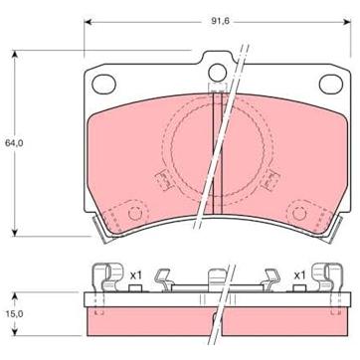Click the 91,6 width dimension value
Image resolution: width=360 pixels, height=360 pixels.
point(221,21)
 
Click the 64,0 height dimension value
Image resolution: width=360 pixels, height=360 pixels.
point(14,143)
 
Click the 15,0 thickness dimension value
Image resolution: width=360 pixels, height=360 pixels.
point(14,314)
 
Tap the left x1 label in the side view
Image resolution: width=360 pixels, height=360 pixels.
point(135,274)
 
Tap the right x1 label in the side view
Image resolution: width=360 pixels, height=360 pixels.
point(299,274)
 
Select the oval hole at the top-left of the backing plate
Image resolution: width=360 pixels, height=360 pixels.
point(103,85)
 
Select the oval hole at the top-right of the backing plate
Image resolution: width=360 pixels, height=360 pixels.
point(331,85)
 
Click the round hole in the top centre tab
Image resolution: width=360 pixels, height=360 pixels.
point(218,73)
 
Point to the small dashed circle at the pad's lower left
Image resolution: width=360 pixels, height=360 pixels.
point(135,214)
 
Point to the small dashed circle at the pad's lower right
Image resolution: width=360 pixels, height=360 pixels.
point(299,214)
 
